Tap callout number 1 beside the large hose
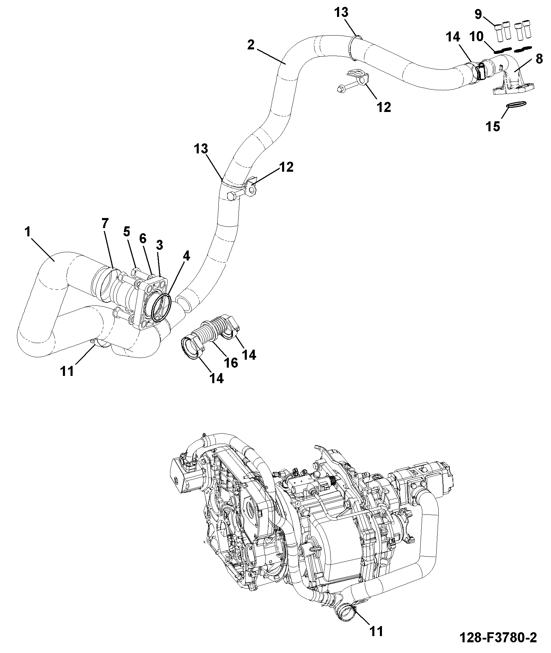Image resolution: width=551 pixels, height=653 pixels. (28, 232)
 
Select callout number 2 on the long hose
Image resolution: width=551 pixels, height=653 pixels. (251, 45)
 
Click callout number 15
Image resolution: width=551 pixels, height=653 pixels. (493, 127)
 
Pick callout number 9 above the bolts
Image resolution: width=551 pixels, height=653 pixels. (478, 14)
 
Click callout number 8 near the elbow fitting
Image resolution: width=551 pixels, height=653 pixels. (539, 59)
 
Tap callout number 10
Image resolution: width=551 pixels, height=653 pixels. (476, 37)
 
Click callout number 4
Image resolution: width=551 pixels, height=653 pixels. (186, 256)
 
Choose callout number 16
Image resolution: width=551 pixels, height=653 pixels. (231, 363)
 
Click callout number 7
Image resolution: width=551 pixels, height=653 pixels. (104, 223)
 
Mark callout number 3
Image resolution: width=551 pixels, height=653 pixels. (159, 245)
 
